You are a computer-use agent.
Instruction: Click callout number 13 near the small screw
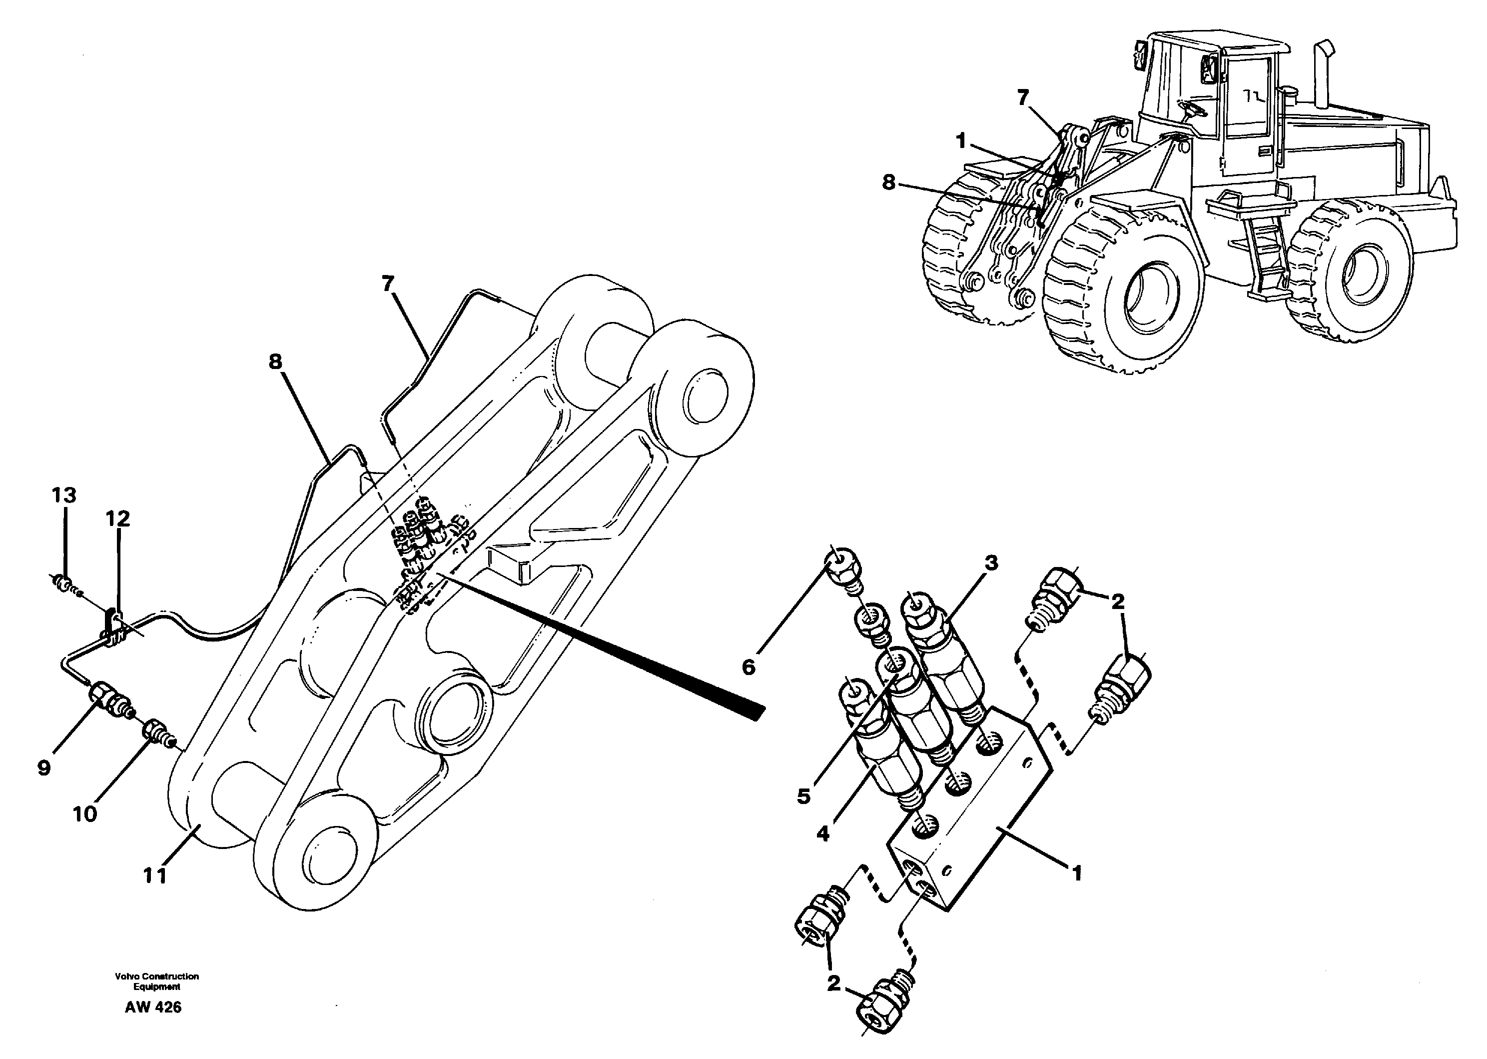coord(64,496)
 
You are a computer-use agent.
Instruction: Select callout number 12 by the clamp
coord(118,519)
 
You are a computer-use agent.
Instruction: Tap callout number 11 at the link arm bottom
coord(155,876)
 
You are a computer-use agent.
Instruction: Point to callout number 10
coord(85,814)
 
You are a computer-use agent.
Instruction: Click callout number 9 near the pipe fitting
coord(43,768)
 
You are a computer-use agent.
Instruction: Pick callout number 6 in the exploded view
coord(748,667)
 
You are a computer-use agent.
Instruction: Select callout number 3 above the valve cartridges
coord(990,563)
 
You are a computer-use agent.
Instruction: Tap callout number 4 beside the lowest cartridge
coord(823,834)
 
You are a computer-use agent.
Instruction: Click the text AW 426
coord(153,1007)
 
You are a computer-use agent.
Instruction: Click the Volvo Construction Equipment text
coord(156,981)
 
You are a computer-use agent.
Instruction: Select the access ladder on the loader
coord(1264,257)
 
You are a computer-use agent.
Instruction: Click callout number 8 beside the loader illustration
coord(889,183)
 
